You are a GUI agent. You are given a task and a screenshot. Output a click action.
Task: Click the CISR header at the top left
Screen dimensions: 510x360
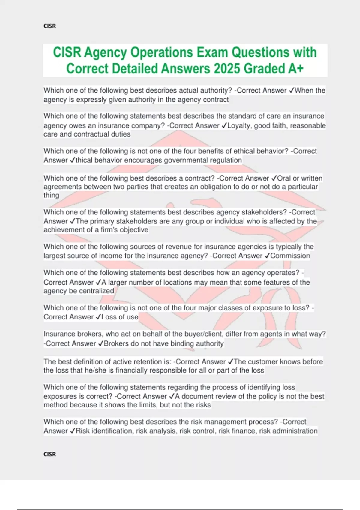tap(49, 26)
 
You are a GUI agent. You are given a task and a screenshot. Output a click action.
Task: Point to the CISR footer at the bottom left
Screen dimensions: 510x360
tap(49, 454)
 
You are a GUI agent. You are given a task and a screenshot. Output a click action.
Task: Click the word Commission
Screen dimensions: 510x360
tap(290, 256)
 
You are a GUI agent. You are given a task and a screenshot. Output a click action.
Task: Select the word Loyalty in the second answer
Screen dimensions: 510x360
tap(240, 125)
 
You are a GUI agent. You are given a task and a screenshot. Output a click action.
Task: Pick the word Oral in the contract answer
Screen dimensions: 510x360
tap(284, 178)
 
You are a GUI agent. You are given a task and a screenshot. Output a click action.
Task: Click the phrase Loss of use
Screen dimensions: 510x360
tap(120, 317)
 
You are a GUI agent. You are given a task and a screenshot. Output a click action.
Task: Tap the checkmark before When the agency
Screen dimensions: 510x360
tap(291, 91)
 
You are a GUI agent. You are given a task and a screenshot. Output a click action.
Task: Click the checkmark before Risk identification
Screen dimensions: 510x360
tap(72, 431)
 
